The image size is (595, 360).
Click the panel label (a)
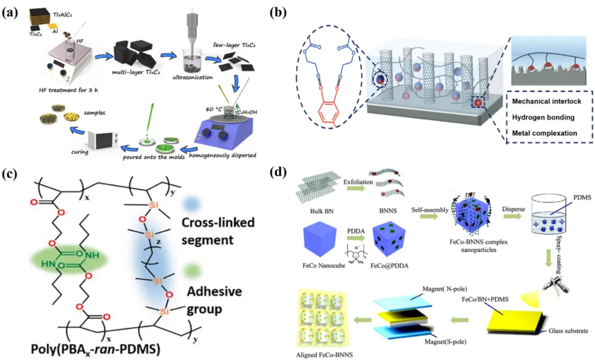(10, 12)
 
